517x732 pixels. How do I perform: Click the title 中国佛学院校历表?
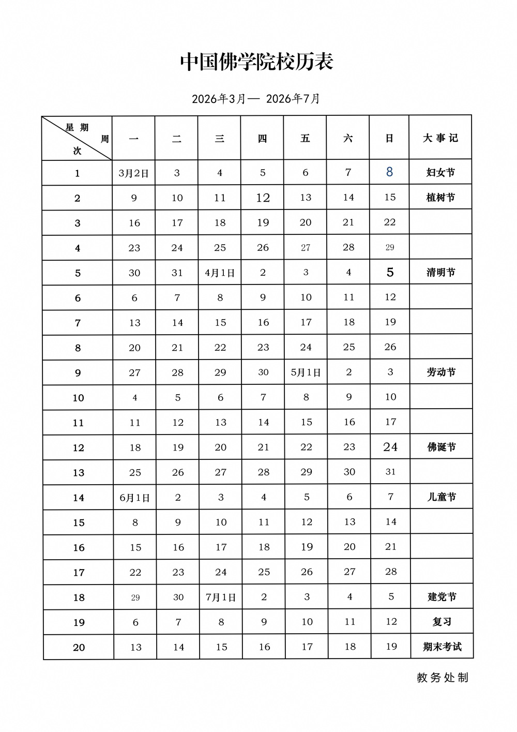coord(257,62)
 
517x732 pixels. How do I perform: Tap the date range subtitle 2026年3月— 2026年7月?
coord(256,98)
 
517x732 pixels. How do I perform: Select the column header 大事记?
coord(440,138)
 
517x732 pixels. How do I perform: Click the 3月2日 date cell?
coord(133,173)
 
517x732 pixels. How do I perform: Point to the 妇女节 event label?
coord(440,172)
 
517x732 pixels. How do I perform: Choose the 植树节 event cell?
coord(440,198)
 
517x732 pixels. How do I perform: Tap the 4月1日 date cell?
coord(220,273)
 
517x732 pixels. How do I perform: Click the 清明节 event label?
coord(440,272)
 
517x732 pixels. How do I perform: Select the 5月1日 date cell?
coord(306,372)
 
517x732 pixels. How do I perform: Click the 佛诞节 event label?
coord(442,447)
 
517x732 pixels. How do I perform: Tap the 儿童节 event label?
coord(442,497)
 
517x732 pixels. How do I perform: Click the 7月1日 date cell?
coord(221,597)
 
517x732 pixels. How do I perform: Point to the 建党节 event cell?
coord(442,597)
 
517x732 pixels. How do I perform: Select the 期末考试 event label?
coord(442,647)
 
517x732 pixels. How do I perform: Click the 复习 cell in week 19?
coord(442,622)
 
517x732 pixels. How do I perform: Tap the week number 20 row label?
coord(79,648)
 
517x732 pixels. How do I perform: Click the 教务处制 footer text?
coord(442,678)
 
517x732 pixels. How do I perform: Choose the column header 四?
coord(262,138)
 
